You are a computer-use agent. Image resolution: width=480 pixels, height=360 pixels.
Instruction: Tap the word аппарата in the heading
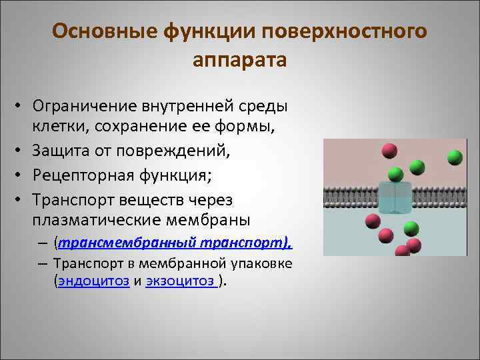pos(240,60)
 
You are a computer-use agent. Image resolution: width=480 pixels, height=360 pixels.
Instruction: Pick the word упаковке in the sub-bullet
pos(257,264)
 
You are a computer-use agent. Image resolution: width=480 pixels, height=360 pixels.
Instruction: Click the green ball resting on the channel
pos(395,174)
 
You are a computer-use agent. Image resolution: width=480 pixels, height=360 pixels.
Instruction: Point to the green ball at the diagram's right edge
pos(455,157)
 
